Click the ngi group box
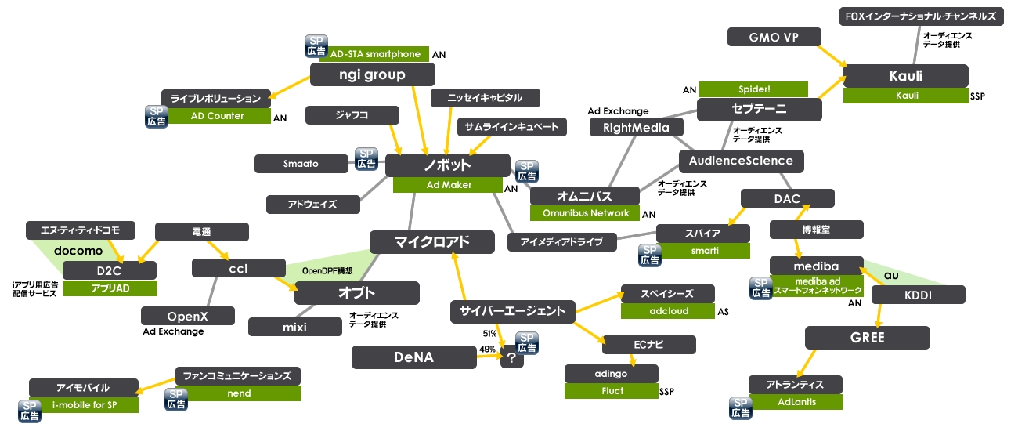(x=372, y=75)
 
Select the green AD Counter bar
(x=217, y=116)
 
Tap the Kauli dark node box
(x=905, y=77)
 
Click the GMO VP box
(x=774, y=37)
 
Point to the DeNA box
(x=413, y=357)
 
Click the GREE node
(x=867, y=338)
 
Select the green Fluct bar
(x=612, y=390)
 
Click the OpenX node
(x=188, y=316)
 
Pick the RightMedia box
(x=636, y=127)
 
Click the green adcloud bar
(x=667, y=311)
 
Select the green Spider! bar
(x=753, y=89)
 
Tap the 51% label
(x=489, y=334)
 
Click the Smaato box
(x=301, y=164)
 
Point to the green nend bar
(x=244, y=393)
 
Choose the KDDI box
(x=918, y=295)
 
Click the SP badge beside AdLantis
(x=740, y=406)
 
